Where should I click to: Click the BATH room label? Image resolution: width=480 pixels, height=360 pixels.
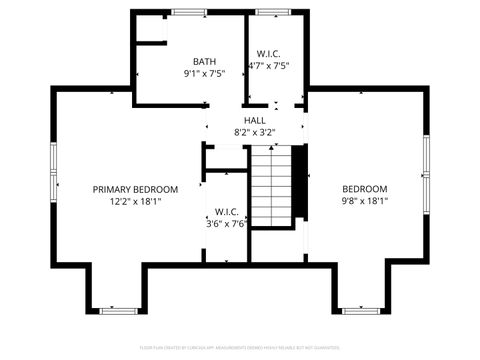[204, 60]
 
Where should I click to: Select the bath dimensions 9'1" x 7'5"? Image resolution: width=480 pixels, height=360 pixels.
[204, 73]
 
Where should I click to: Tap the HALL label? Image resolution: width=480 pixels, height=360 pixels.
[254, 120]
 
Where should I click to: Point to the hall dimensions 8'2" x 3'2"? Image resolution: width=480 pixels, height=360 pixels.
[254, 132]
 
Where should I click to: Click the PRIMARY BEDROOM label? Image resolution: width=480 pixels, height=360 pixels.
[135, 189]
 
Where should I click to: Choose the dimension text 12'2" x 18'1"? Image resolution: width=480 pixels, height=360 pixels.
[135, 201]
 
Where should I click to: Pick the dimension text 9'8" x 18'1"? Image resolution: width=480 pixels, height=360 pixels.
[365, 201]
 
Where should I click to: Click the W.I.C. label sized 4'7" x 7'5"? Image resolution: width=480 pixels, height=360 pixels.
[268, 54]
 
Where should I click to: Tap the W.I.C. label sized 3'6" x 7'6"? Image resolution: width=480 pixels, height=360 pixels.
[226, 212]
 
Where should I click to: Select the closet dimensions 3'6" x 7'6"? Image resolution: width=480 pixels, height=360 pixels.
[226, 224]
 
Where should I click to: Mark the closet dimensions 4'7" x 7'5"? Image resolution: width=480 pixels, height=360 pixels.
[268, 66]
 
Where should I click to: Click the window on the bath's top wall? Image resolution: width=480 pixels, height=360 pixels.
[187, 12]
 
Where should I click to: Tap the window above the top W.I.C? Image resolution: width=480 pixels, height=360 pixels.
[268, 12]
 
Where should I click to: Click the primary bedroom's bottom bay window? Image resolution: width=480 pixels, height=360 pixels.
[120, 310]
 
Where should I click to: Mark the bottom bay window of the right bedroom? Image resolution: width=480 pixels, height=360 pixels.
[361, 310]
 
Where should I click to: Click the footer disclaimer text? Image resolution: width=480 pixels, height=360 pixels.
[240, 349]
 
